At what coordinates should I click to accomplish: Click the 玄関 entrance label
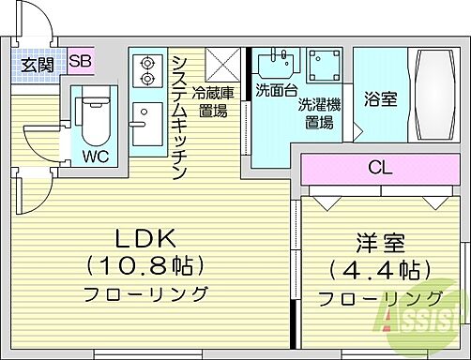pyautogui.click(x=38, y=64)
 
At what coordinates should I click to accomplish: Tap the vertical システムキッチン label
pyautogui.click(x=178, y=118)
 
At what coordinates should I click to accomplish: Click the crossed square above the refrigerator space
pyautogui.click(x=225, y=64)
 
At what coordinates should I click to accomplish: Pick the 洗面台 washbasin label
pyautogui.click(x=274, y=91)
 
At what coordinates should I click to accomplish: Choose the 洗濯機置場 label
pyautogui.click(x=323, y=109)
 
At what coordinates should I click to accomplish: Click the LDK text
pyautogui.click(x=145, y=236)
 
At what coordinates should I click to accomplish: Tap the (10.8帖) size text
pyautogui.click(x=145, y=264)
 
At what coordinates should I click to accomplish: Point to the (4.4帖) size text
pyautogui.click(x=379, y=272)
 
